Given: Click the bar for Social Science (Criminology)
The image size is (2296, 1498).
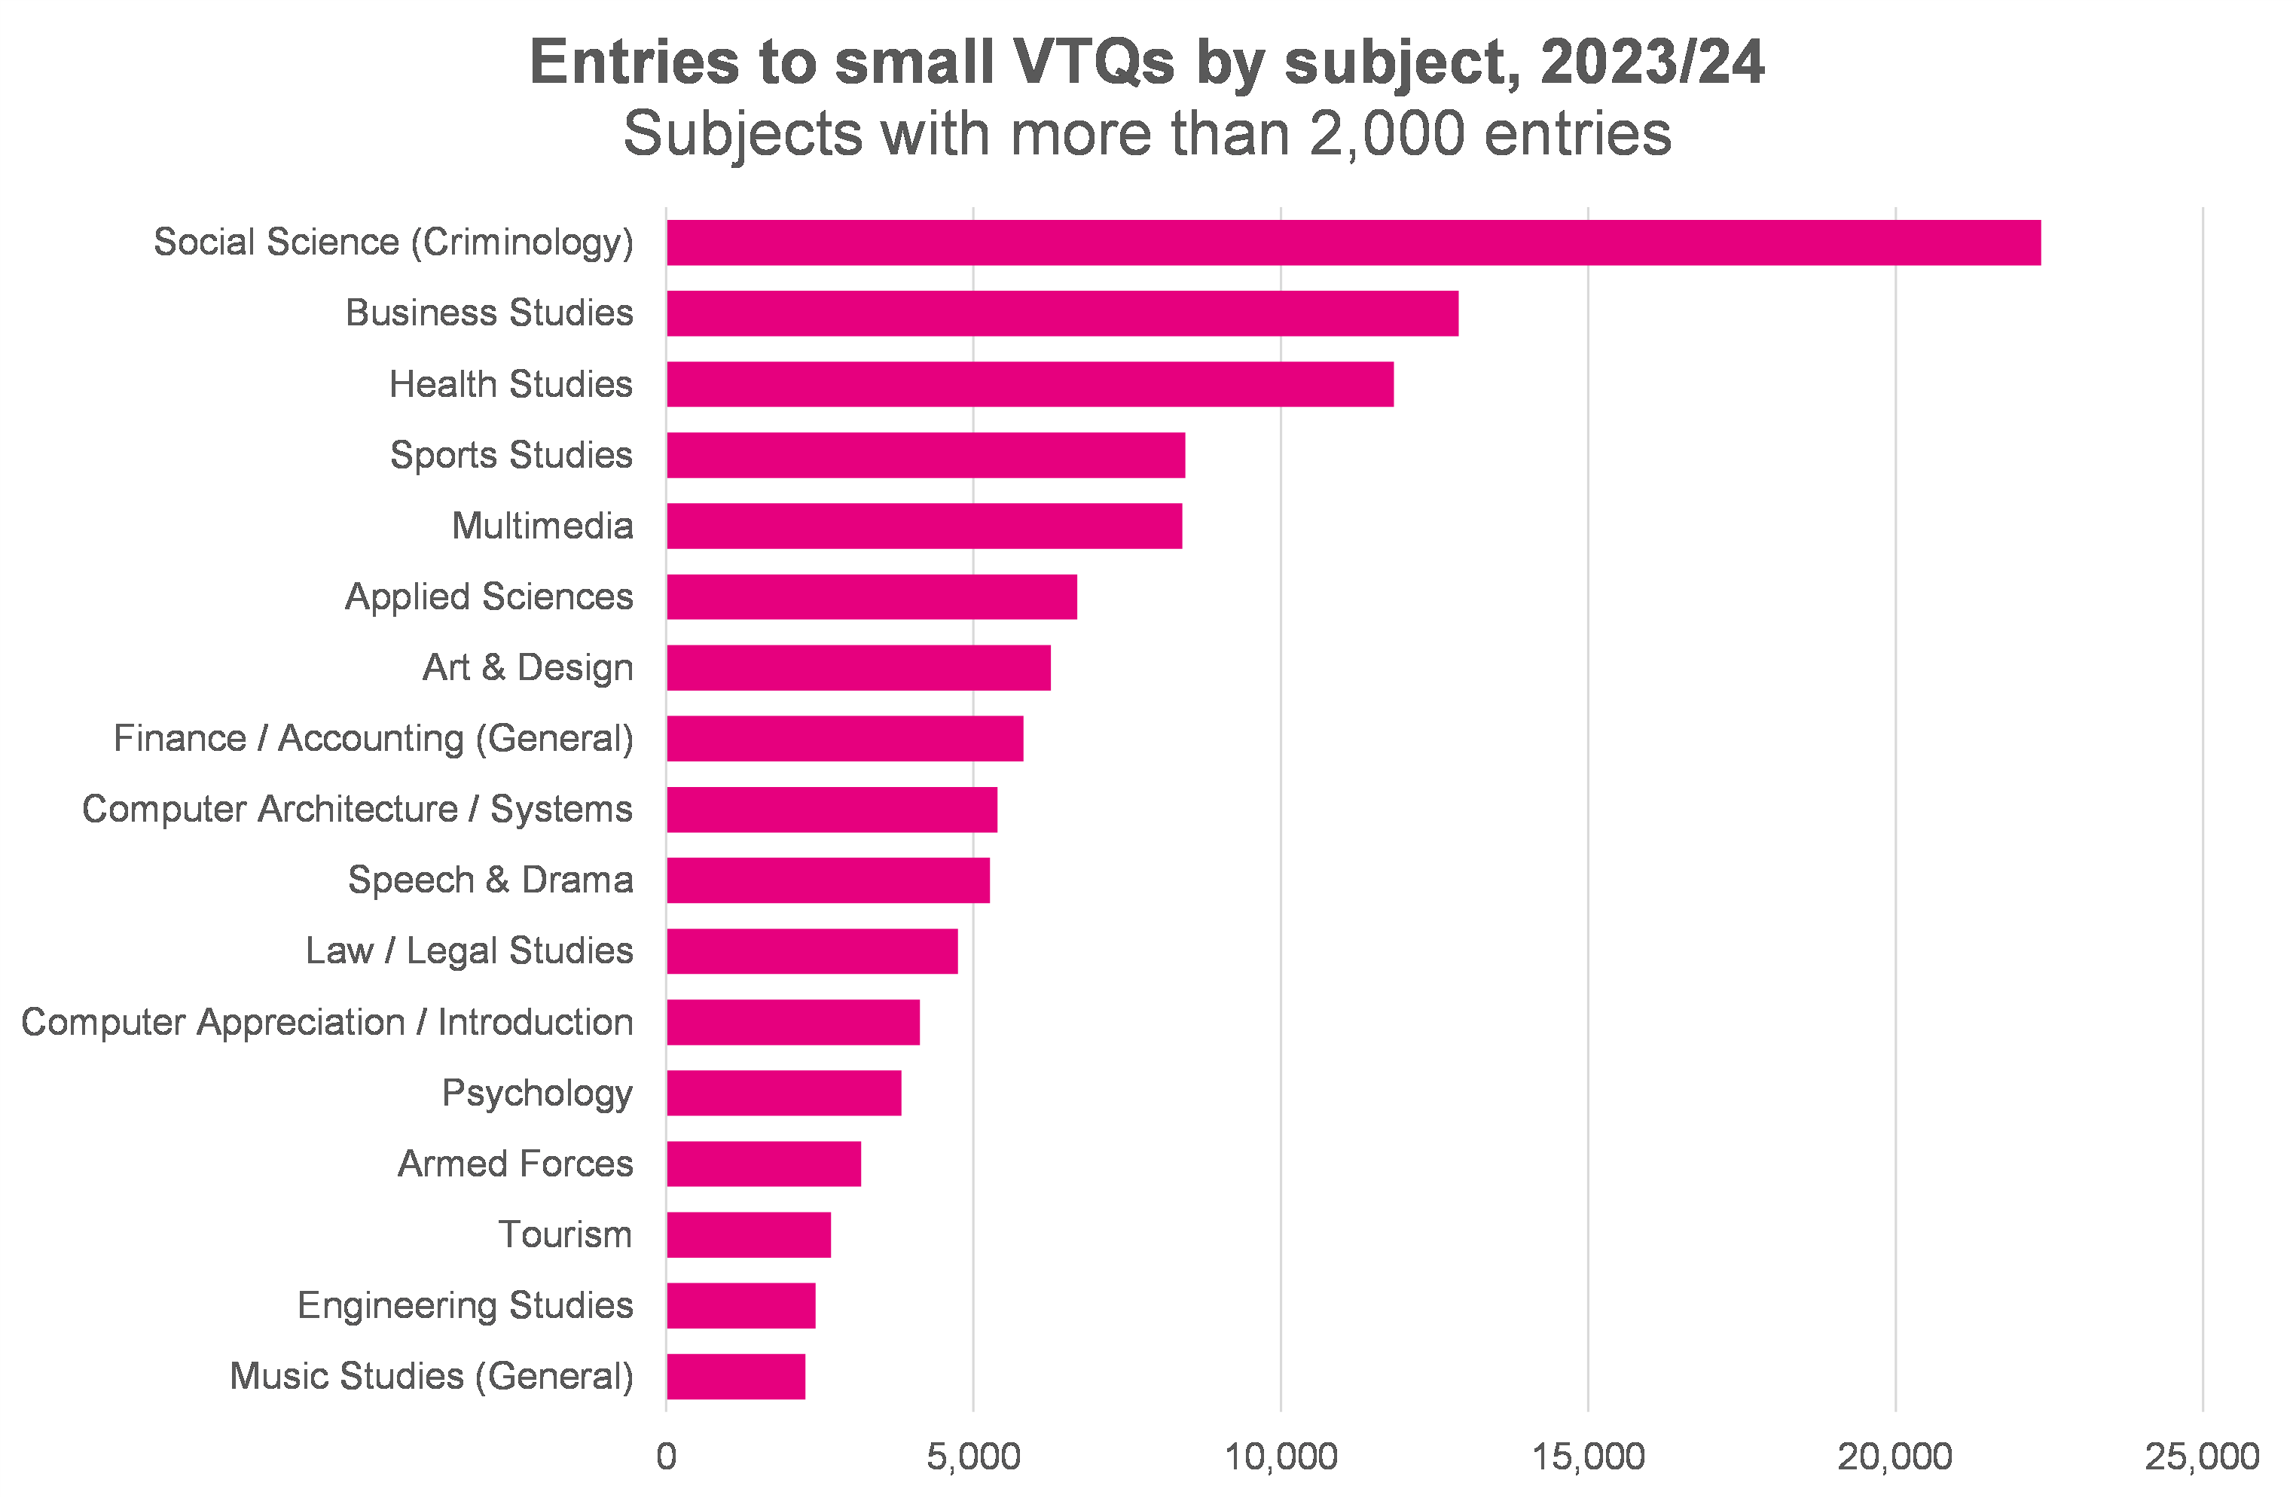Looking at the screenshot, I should [x=1353, y=242].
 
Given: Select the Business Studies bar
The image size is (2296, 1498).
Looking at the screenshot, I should [x=1062, y=313].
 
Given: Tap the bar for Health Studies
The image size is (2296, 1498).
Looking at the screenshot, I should [x=1029, y=384].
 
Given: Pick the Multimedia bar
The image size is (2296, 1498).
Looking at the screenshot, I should [x=924, y=526].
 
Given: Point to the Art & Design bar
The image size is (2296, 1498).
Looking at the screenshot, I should [x=859, y=667].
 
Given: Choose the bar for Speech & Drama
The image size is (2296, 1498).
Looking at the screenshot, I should [x=828, y=880].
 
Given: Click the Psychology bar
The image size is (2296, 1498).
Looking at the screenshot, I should [x=783, y=1093].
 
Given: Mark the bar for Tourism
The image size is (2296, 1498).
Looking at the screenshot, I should [x=749, y=1234].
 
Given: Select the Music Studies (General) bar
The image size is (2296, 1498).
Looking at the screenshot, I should [x=736, y=1377].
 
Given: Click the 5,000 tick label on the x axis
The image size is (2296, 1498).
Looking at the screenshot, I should [x=973, y=1457].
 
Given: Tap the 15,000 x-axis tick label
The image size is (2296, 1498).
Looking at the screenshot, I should [x=1588, y=1457].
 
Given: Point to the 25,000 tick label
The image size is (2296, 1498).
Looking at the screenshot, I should [x=2203, y=1457].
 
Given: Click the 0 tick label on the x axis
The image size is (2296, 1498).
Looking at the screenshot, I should [x=666, y=1457].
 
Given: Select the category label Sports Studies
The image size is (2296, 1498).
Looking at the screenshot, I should [x=511, y=454].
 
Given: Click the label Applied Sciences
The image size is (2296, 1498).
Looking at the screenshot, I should [x=489, y=596].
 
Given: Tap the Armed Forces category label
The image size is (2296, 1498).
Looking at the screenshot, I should [x=515, y=1164].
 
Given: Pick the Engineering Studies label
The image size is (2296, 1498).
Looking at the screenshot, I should [x=465, y=1305].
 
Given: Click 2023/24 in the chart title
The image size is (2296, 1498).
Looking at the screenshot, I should [x=1653, y=63].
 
